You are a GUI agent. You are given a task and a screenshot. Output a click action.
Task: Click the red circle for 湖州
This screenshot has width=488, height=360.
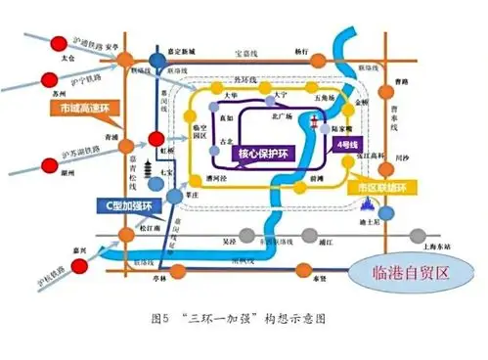(41, 163)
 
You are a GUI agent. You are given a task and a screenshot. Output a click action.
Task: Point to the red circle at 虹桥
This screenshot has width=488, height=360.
(155, 140)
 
